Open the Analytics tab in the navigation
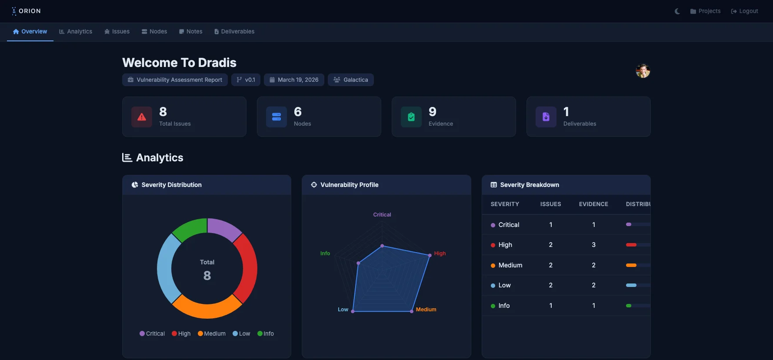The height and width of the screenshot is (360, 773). click(x=76, y=32)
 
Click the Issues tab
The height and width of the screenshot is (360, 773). click(x=117, y=32)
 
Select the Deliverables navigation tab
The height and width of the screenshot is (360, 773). click(x=234, y=32)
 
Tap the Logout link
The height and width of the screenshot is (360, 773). click(x=744, y=11)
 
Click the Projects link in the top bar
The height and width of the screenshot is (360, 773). click(x=705, y=11)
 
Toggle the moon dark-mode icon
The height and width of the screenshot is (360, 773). click(x=677, y=11)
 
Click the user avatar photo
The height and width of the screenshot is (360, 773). click(x=643, y=71)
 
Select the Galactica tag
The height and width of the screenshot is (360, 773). click(x=351, y=80)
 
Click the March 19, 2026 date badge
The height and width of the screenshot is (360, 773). click(x=294, y=80)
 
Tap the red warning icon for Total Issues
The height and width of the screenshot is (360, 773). click(x=142, y=117)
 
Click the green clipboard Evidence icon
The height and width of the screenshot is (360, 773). click(x=411, y=117)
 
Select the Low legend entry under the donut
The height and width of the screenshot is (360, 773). click(x=241, y=334)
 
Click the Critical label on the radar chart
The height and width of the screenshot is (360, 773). click(x=382, y=215)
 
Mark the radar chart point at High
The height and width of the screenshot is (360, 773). click(x=430, y=255)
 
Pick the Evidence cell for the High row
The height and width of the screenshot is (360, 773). click(x=593, y=245)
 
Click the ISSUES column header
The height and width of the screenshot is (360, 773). click(x=550, y=204)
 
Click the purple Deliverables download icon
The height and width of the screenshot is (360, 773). click(x=546, y=117)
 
